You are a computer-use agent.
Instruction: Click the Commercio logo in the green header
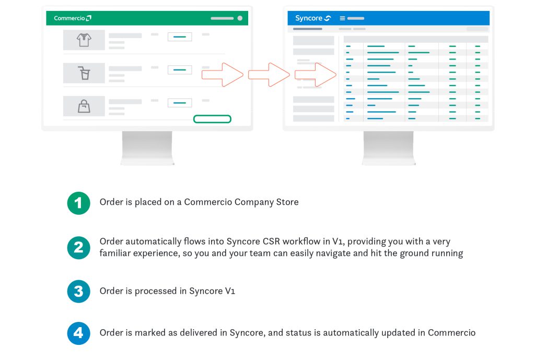(x=72, y=18)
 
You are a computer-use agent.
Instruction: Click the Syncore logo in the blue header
(x=313, y=18)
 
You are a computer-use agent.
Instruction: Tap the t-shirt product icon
(x=84, y=40)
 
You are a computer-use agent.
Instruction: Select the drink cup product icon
(x=84, y=73)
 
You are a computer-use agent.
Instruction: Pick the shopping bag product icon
(x=84, y=106)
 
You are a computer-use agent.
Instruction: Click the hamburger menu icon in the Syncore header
(x=342, y=18)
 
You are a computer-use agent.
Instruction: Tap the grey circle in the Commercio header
(x=240, y=18)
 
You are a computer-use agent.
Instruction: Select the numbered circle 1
(x=78, y=203)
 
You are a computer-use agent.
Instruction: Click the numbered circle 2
(x=78, y=248)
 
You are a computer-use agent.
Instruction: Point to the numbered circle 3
(x=78, y=292)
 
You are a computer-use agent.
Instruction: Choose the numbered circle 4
(x=78, y=333)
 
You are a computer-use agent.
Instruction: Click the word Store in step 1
(x=287, y=202)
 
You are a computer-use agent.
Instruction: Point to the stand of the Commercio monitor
(x=147, y=148)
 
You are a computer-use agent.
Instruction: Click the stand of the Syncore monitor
(x=389, y=148)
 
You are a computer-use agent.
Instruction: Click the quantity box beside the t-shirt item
(x=180, y=37)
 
